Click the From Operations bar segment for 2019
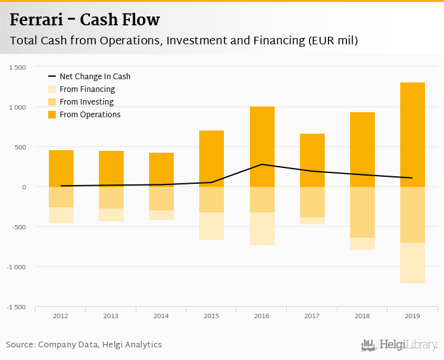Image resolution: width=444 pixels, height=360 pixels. [x=412, y=134]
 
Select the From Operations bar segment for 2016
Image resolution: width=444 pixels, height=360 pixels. [x=262, y=146]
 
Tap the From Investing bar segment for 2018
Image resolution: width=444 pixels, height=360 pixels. [x=362, y=212]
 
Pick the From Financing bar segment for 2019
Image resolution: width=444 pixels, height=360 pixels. [x=412, y=263]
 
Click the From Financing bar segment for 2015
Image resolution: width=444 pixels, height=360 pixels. [x=212, y=226]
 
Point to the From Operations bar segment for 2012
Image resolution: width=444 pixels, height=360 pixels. [x=61, y=169]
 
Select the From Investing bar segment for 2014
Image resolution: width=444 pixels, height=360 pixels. [x=161, y=198]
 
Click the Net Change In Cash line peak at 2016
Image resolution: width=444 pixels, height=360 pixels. [x=262, y=165]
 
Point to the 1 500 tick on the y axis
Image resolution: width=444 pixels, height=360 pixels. [x=18, y=67]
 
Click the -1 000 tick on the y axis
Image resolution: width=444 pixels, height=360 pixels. [x=16, y=267]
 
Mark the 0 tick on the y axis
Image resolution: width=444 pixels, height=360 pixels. [x=23, y=187]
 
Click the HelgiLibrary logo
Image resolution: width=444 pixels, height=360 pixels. [x=399, y=345]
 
